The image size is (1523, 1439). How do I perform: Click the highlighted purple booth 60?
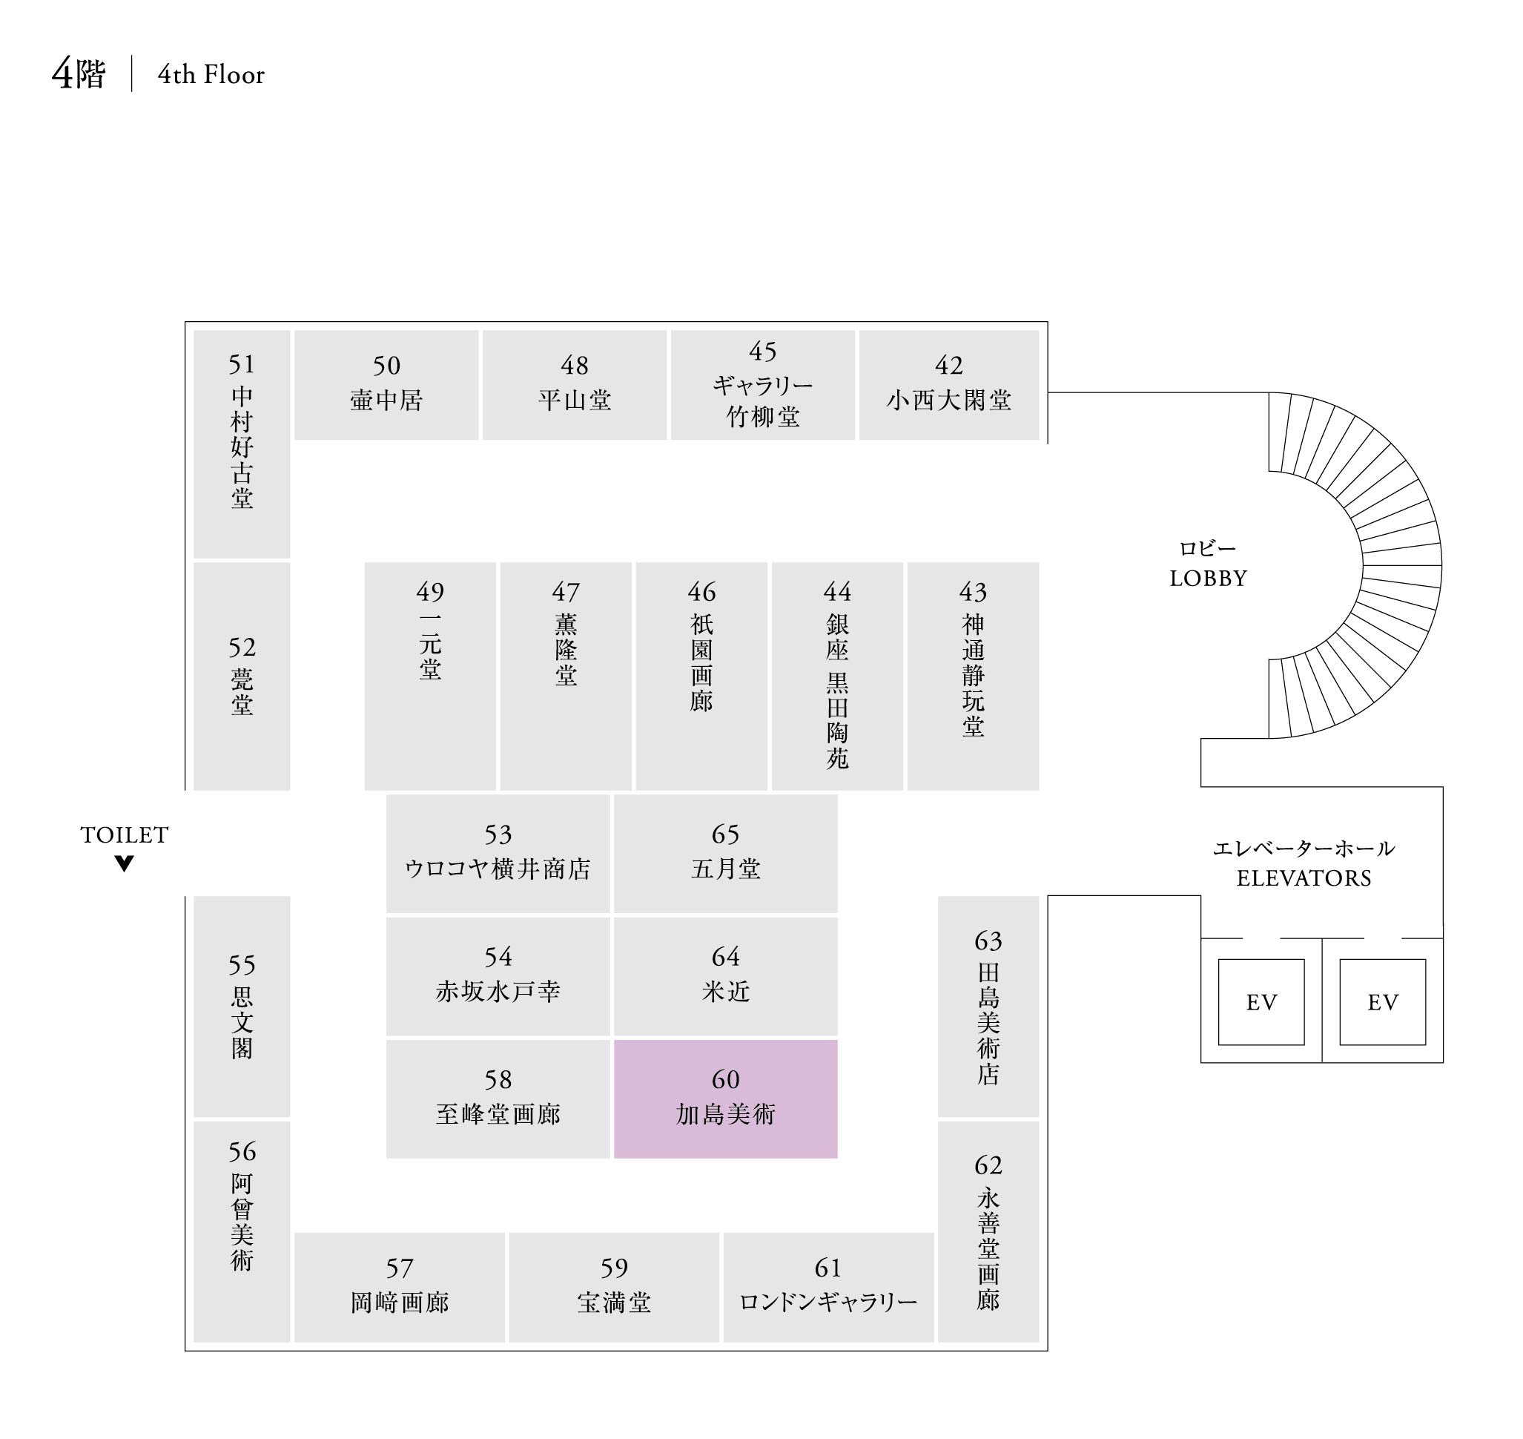724,1099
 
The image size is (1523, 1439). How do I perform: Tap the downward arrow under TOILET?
125,863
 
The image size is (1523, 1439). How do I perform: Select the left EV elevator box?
1261,1002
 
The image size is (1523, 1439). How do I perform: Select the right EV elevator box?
1382,1002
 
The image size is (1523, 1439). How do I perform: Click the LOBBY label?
1208,578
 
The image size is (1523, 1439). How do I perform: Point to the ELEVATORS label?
1304,877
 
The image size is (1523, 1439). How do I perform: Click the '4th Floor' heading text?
211,74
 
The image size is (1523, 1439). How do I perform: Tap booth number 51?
242,363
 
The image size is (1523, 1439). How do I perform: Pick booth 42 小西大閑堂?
948,384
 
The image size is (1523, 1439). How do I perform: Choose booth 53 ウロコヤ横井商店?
498,853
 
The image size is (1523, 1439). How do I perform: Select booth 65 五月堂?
724,853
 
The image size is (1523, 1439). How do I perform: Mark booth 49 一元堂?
430,675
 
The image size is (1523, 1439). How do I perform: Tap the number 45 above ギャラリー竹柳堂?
762,352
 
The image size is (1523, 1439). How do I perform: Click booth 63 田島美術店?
988,1006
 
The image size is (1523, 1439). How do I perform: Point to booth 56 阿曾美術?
242,1231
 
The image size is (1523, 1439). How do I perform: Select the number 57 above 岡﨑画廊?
400,1268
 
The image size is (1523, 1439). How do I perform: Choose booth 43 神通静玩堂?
972,675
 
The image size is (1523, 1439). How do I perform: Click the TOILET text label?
125,834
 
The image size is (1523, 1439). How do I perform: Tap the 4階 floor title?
78,74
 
